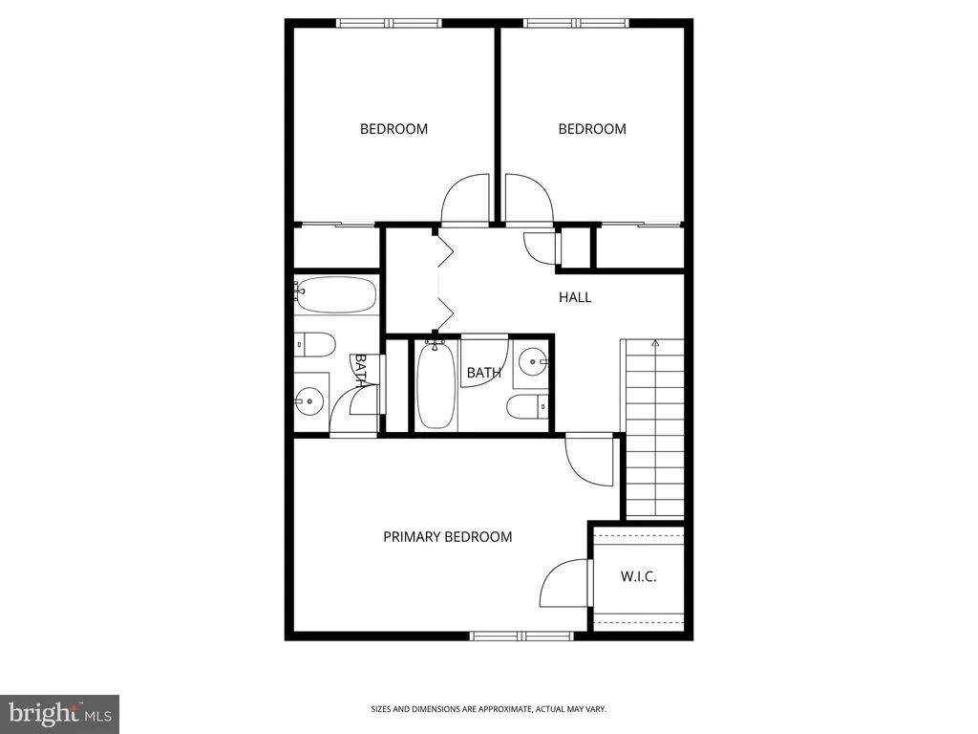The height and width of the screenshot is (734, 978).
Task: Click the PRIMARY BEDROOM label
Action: (x=447, y=537)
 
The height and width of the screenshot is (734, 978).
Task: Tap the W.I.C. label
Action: (x=638, y=576)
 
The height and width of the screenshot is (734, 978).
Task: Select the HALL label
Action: (x=575, y=298)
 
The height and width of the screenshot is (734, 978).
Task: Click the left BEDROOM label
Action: (x=393, y=129)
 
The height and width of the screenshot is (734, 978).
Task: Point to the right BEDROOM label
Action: (x=592, y=129)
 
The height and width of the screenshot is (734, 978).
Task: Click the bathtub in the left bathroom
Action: (x=337, y=294)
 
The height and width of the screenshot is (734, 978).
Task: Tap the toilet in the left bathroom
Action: (x=315, y=344)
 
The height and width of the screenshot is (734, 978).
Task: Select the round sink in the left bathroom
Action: (x=308, y=401)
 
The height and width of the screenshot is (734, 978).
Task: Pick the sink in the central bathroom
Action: (x=533, y=361)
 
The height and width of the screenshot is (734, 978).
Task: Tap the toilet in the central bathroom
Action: (x=527, y=407)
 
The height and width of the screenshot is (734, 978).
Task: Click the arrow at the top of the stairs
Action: (x=655, y=343)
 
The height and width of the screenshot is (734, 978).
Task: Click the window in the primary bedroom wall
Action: (x=521, y=636)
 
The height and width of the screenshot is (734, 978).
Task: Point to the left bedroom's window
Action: (x=390, y=23)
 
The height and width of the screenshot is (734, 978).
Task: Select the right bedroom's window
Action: (x=576, y=23)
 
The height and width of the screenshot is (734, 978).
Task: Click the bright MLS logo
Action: (x=59, y=714)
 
